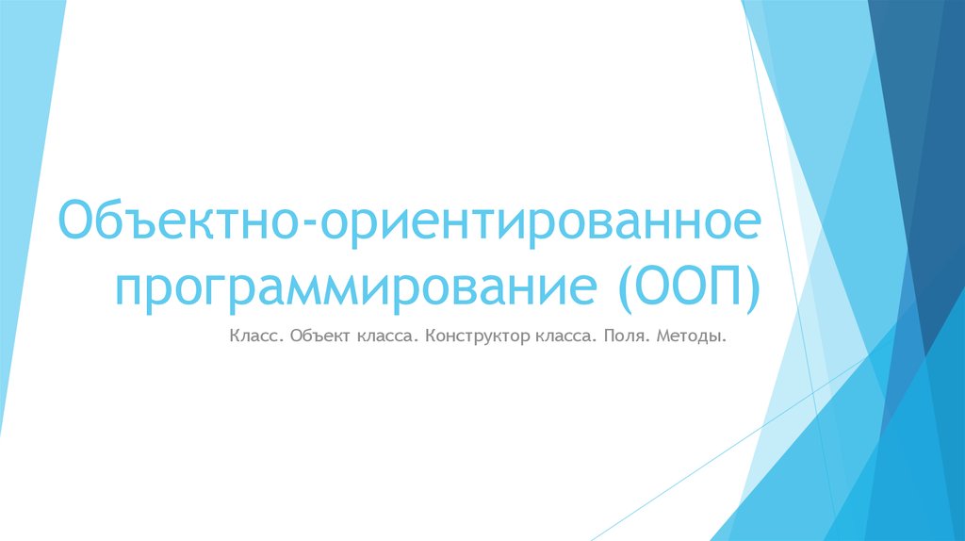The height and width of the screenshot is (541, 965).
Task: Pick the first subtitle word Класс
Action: (253, 336)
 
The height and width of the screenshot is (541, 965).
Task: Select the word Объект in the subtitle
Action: (319, 336)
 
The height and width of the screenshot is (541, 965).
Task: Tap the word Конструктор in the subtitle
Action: (477, 336)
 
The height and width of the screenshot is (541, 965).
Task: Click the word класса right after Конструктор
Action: (566, 337)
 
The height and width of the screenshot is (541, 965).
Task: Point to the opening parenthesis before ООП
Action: (624, 287)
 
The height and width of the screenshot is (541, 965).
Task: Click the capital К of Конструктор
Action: (431, 336)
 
